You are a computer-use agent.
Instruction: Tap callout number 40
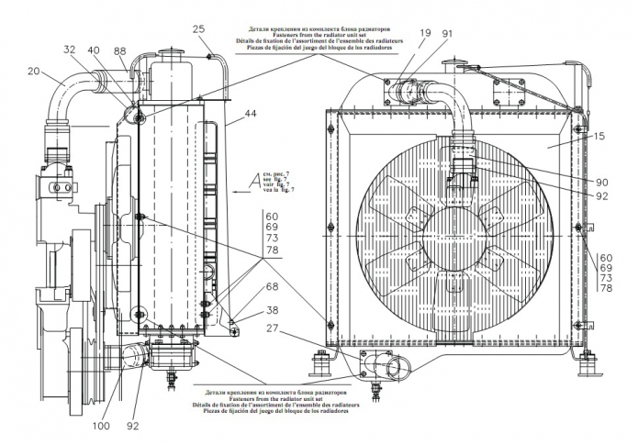click(x=94, y=50)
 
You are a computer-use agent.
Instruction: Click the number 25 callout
click(x=197, y=30)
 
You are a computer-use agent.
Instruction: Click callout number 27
click(x=273, y=328)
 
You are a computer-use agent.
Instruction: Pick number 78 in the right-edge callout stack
click(x=606, y=288)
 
